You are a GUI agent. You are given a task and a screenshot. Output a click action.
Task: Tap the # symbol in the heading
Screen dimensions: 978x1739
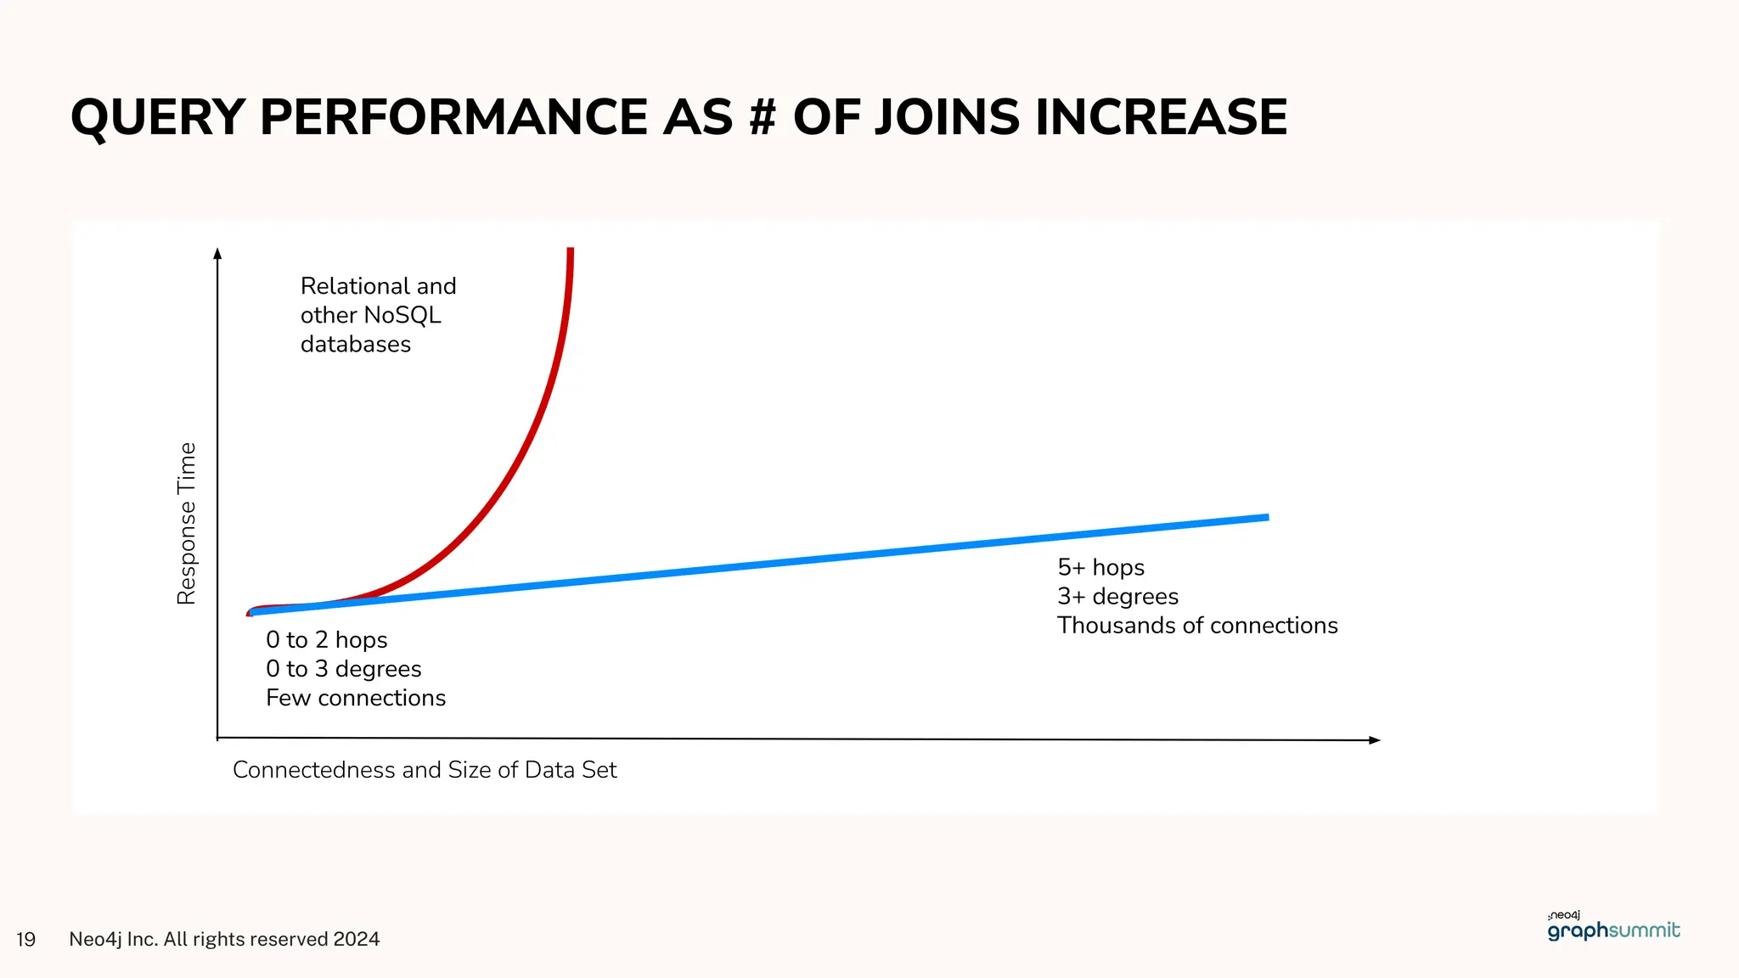763,117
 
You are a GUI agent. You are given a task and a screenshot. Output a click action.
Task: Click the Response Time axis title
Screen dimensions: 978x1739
186,523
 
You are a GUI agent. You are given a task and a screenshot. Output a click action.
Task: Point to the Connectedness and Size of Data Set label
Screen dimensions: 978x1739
424,770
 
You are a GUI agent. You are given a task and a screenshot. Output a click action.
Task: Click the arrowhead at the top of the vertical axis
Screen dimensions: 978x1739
217,253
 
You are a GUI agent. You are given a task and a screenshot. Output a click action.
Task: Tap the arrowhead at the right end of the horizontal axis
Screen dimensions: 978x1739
1375,740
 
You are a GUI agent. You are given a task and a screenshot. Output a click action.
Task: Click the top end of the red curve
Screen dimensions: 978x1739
571,251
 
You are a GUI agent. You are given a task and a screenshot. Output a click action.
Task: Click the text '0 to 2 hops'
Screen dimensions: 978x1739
326,640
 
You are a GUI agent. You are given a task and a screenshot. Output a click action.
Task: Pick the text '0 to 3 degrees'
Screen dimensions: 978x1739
343,669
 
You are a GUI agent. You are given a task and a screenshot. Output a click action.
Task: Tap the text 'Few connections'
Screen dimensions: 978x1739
355,698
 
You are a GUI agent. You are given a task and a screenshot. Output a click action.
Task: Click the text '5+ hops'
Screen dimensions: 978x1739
1100,567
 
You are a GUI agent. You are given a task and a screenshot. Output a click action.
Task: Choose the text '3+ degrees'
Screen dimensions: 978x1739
1117,597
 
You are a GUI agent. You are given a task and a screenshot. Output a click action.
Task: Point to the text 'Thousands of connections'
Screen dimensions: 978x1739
1196,626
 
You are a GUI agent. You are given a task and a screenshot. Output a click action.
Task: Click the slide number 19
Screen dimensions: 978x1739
25,939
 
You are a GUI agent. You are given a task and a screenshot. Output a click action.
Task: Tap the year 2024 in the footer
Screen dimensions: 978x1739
356,939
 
